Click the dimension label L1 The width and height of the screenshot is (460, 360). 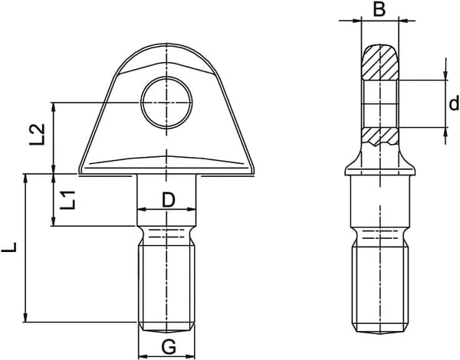(67, 200)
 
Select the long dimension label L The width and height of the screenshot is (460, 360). (8, 247)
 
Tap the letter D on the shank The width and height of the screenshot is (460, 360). (169, 200)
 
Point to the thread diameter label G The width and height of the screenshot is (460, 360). (169, 347)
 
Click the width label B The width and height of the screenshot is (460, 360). (379, 9)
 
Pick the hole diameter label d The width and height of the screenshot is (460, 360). (454, 103)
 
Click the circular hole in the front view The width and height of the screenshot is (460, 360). (166, 103)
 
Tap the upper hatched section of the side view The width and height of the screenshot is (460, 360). (380, 62)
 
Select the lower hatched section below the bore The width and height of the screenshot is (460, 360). (380, 136)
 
